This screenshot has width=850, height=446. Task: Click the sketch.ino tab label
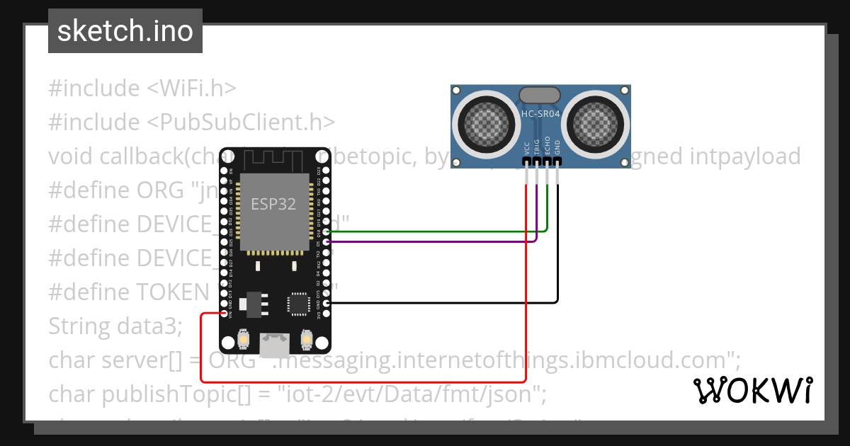point(125,31)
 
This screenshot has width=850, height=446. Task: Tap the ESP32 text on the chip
point(273,204)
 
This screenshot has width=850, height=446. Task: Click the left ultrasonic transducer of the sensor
point(488,120)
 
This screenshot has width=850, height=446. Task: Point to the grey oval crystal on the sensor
point(540,95)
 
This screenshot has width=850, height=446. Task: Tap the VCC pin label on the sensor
point(526,147)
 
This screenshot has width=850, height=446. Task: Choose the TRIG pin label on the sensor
point(537,147)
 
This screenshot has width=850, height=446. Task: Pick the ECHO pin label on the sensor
point(547,147)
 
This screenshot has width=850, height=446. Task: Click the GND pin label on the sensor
point(557,147)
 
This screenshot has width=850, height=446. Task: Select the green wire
point(439,231)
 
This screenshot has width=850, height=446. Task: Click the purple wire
point(439,241)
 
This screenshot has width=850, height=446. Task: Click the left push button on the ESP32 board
point(243,340)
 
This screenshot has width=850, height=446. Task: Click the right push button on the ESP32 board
point(307,340)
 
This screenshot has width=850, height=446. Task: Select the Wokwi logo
point(753,390)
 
